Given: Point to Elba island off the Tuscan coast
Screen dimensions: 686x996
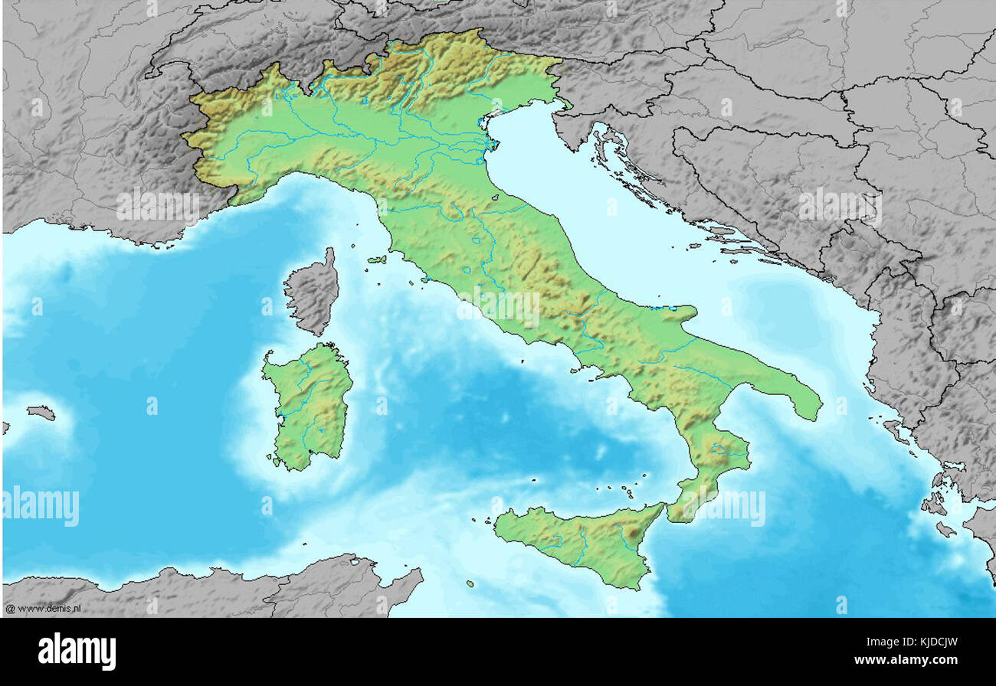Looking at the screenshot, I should (x=376, y=260).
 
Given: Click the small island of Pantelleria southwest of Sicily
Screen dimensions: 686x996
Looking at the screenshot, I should (x=470, y=583).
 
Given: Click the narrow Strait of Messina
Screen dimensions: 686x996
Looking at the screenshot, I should (x=666, y=511).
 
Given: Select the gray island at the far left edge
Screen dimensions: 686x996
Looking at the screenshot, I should (x=41, y=413).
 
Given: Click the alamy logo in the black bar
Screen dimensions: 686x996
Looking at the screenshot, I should (x=77, y=652).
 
